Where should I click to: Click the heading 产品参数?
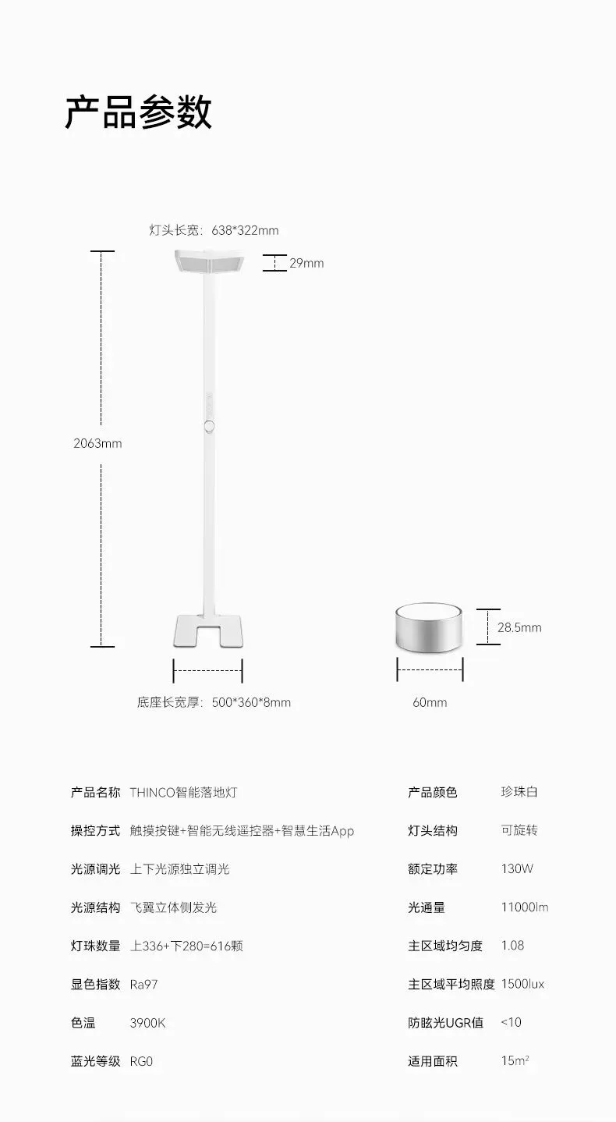click(138, 112)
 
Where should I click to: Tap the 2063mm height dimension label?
click(97, 443)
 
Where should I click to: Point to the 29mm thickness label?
click(306, 263)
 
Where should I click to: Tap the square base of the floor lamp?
click(207, 630)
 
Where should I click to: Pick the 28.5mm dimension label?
click(519, 627)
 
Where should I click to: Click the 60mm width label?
click(430, 702)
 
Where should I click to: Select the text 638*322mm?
click(245, 230)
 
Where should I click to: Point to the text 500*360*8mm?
click(251, 702)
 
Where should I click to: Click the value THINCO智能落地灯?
click(183, 793)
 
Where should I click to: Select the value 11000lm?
click(525, 907)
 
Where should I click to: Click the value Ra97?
click(143, 985)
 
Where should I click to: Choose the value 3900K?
click(147, 1023)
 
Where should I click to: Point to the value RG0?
click(141, 1061)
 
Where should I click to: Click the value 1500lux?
click(522, 985)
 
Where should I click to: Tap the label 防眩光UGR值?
click(445, 1023)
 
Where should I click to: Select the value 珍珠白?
click(519, 793)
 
